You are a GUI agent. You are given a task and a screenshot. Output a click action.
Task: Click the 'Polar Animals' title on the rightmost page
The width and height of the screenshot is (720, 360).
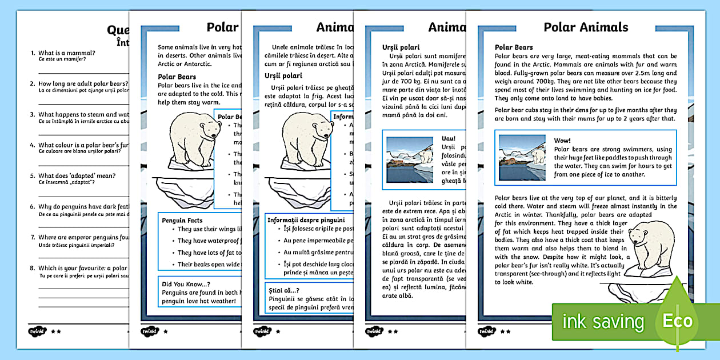(586, 27)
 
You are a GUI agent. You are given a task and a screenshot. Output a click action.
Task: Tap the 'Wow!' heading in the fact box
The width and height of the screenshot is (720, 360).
(562, 141)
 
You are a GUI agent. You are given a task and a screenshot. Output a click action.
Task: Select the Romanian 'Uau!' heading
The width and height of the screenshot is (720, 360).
(449, 138)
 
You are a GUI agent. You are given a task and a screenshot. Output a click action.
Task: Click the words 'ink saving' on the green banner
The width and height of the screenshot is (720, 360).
(603, 322)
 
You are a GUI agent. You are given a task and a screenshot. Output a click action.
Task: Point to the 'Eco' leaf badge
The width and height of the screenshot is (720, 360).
(677, 320)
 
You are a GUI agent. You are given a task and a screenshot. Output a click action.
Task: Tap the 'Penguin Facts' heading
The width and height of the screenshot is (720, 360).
(182, 220)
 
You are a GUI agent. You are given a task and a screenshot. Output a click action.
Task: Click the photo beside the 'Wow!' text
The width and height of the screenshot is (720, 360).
(522, 158)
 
